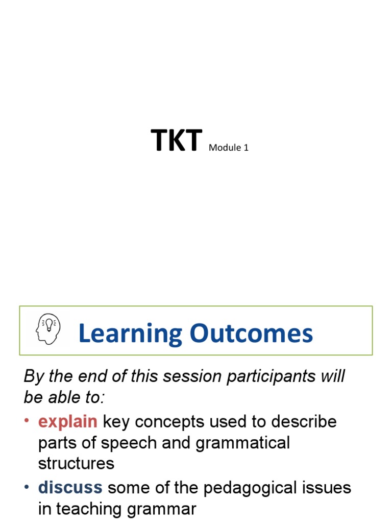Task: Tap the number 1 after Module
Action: (246, 149)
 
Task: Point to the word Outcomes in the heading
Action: (252, 334)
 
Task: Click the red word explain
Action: (68, 422)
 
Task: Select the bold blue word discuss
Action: (70, 488)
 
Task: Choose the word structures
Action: (76, 463)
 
